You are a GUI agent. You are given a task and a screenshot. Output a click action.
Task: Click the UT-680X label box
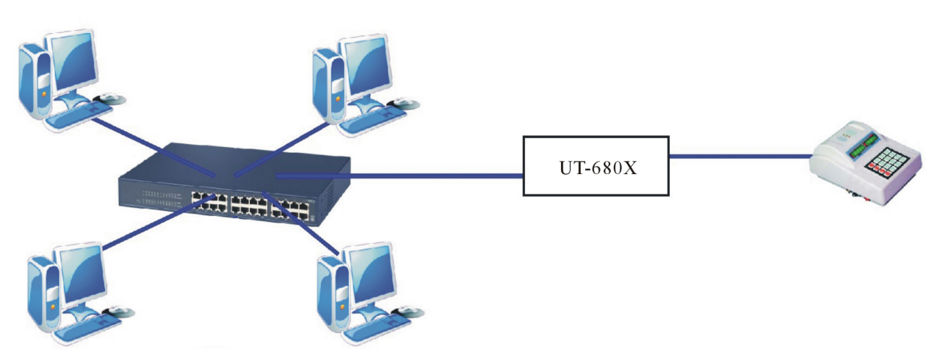(596, 165)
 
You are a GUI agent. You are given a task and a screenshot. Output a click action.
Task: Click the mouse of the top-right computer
(402, 101)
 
